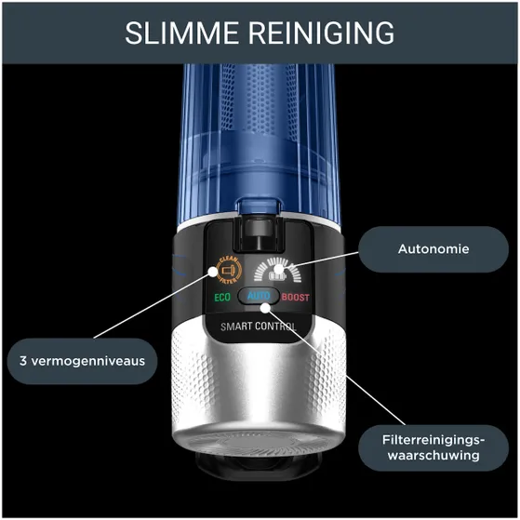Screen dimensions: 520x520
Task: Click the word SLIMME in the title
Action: coord(181,33)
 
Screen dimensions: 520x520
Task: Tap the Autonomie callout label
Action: coord(433,249)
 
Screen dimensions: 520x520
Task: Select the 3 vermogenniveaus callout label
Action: coord(82,361)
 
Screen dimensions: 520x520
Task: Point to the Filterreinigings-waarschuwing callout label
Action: coord(433,447)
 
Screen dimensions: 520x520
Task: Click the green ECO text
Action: coord(222,298)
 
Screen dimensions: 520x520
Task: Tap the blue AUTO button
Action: coord(259,296)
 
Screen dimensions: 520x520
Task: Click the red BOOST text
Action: coord(296,297)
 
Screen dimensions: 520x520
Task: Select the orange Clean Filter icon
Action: coord(229,271)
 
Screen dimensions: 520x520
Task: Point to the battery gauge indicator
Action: coord(278,269)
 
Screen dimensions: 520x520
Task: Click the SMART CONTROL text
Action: coord(259,327)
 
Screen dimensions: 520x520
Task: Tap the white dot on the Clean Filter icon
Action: coord(213,272)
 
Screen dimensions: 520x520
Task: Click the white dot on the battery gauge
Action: coord(279,269)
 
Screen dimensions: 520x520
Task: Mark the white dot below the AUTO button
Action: coord(265,308)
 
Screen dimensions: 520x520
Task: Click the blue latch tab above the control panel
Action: coord(259,205)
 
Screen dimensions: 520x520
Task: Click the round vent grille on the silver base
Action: coord(259,443)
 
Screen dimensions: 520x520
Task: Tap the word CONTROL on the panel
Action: coord(276,327)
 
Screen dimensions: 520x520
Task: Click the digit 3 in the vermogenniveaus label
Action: coord(23,361)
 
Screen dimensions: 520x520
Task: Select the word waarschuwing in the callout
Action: coord(433,455)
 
